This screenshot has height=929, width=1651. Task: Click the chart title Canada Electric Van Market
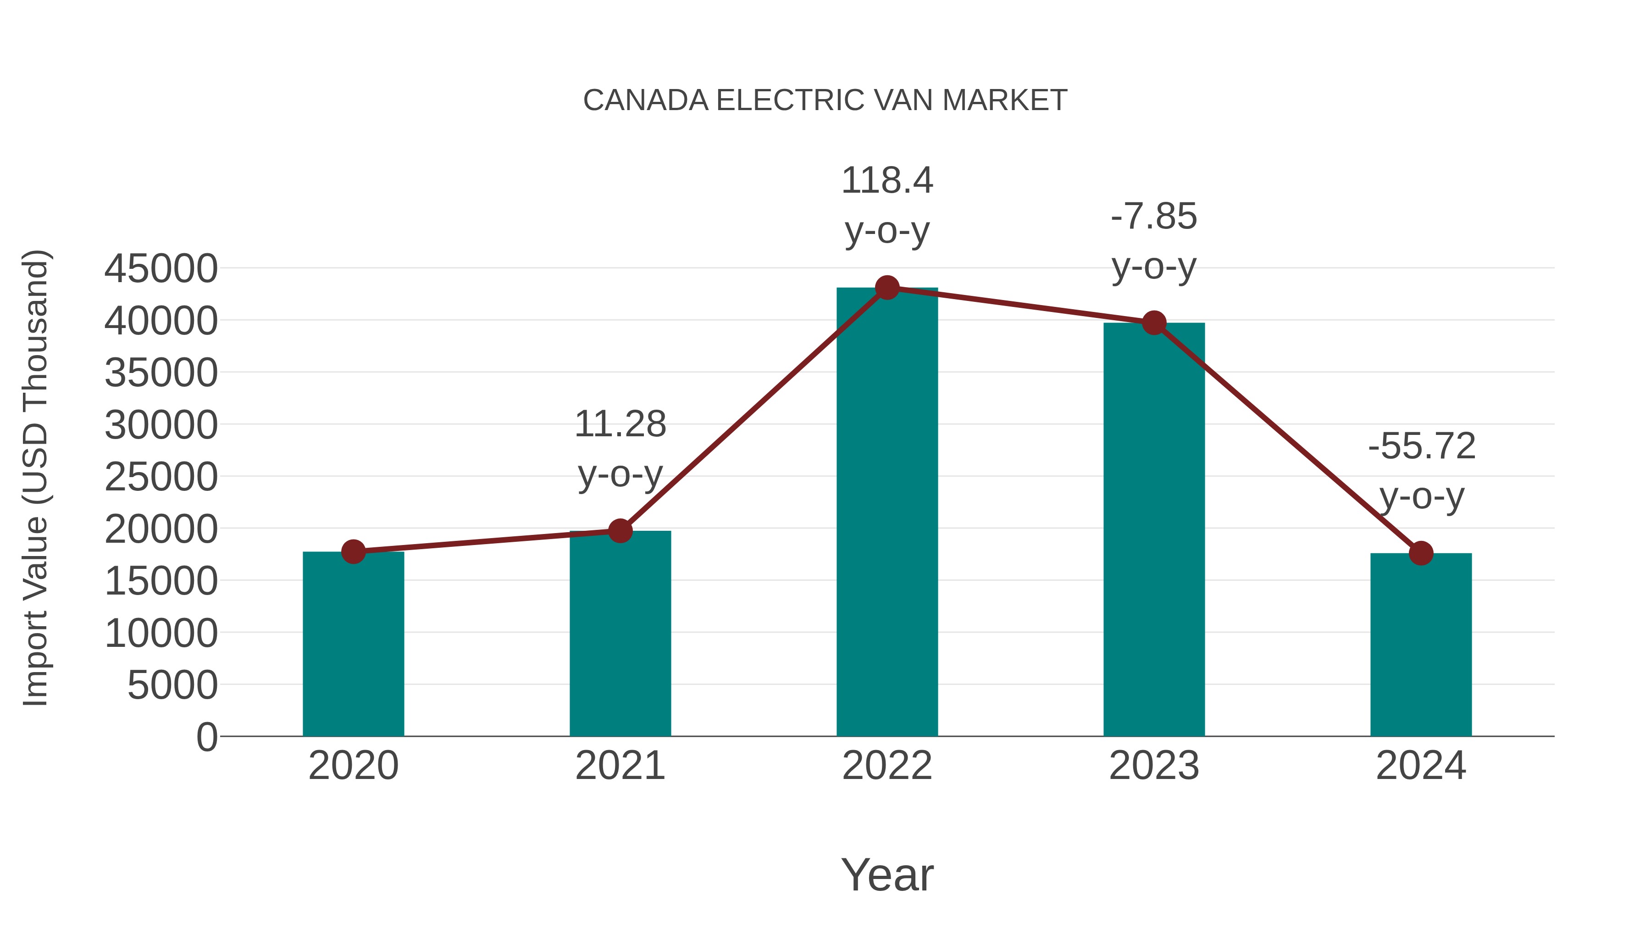(825, 100)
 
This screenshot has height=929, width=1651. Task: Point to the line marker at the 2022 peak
(887, 288)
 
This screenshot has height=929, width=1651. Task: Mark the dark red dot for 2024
(1421, 553)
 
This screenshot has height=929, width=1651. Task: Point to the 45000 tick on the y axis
(161, 269)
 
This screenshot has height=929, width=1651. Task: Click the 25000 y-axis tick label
(161, 477)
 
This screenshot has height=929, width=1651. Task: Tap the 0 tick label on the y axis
(207, 737)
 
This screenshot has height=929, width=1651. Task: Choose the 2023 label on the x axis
(1154, 766)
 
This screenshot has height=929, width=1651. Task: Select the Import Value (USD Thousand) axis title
(36, 478)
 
